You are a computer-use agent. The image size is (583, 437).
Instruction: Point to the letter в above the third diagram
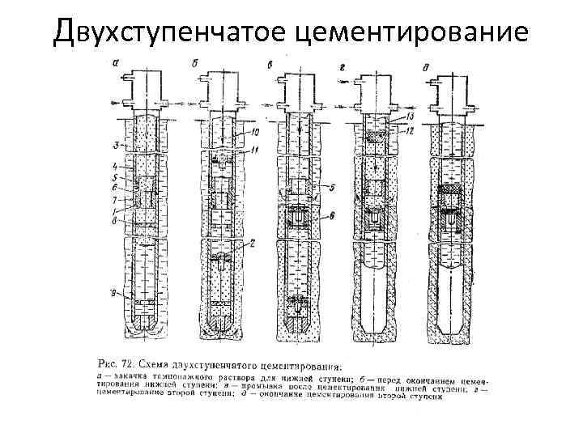270,62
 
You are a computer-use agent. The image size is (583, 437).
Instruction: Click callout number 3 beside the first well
116,146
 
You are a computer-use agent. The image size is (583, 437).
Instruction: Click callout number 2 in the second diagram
253,243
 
